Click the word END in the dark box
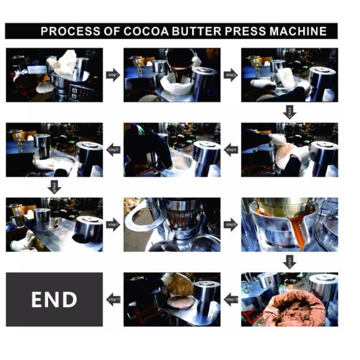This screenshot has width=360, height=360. click(54, 299)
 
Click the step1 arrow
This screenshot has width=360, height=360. click(113, 75)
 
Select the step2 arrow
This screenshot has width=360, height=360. click(231, 75)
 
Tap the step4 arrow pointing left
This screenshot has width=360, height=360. click(231, 150)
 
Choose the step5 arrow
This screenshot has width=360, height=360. click(113, 150)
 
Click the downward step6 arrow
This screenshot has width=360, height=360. click(54, 187)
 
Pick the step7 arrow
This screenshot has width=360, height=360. click(113, 225)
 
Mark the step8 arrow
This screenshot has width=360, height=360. click(231, 225)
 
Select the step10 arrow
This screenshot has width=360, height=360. click(231, 299)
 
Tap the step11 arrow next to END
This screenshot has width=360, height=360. click(113, 299)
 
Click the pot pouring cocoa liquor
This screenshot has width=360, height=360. click(179, 60)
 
